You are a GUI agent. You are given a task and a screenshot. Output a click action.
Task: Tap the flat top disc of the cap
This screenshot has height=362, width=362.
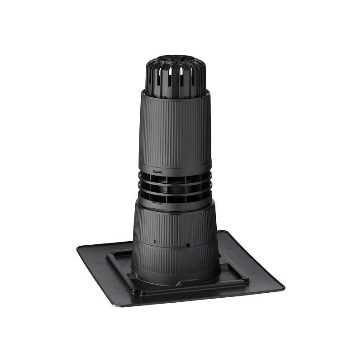pos(176,60)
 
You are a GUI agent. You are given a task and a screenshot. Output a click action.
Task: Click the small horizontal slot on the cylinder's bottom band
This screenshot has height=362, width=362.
pos(157,172)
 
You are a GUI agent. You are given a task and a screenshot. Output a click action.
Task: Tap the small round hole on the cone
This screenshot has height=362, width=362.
pos(155,241)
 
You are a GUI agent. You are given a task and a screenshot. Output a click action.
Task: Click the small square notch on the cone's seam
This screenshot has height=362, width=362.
pos(187,245)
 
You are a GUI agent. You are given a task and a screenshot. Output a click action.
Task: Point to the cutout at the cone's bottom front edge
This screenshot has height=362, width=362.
pos(190,281)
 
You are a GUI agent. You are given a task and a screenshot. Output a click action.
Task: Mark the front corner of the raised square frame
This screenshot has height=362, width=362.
pos(141,292)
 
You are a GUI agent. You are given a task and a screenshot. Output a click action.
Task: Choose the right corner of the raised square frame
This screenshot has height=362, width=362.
pos(247,280)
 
